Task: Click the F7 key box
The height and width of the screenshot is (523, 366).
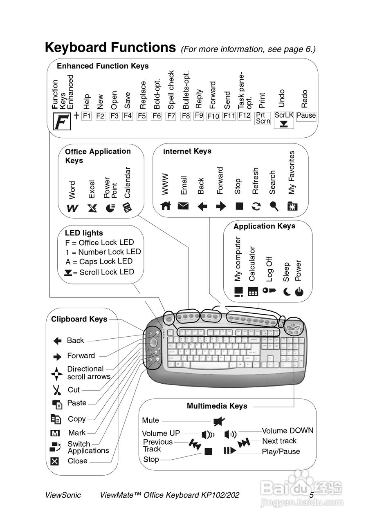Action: (x=171, y=116)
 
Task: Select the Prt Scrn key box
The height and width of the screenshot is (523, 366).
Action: (x=262, y=118)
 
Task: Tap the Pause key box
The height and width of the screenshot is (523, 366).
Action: (x=306, y=116)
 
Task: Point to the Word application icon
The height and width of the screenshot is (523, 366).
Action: (x=72, y=208)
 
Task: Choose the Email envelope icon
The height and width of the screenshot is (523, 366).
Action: (x=183, y=206)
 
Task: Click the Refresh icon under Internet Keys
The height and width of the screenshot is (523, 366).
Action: (x=256, y=206)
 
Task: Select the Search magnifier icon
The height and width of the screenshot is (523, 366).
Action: (x=274, y=206)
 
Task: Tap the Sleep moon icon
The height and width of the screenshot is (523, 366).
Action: (x=287, y=292)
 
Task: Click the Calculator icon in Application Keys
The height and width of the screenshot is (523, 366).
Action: (x=253, y=292)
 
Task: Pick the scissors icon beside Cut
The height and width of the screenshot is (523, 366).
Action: (x=56, y=390)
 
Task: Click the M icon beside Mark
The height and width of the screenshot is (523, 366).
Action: (x=56, y=433)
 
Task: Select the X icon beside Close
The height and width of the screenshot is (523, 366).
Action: (x=55, y=461)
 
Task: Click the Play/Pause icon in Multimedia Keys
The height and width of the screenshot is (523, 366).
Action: (x=229, y=451)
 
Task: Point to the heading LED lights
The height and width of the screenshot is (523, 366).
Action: (x=84, y=233)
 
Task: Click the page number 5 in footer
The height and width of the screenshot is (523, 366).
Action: (x=311, y=495)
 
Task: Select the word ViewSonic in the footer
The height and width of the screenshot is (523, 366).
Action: (x=63, y=495)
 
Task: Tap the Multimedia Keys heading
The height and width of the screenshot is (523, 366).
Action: (x=217, y=406)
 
